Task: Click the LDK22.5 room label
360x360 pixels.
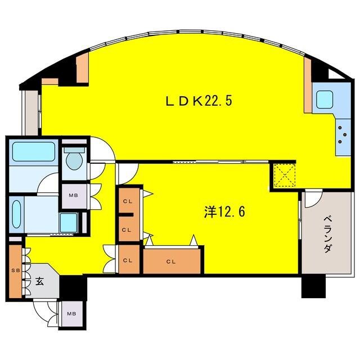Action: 199,101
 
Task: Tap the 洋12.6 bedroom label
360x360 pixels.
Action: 224,211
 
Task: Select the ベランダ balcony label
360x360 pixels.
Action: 327,235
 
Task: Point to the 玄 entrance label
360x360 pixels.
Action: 39,282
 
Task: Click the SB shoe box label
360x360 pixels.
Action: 16,271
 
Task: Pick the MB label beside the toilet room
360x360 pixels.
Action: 74,196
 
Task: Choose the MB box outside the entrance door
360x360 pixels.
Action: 71,314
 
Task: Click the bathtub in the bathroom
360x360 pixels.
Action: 34,151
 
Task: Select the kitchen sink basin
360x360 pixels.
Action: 325,100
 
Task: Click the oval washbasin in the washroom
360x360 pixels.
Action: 16,214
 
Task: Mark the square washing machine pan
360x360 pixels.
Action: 69,223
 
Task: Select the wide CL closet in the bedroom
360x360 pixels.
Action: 172,261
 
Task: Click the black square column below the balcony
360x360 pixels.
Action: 313,286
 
